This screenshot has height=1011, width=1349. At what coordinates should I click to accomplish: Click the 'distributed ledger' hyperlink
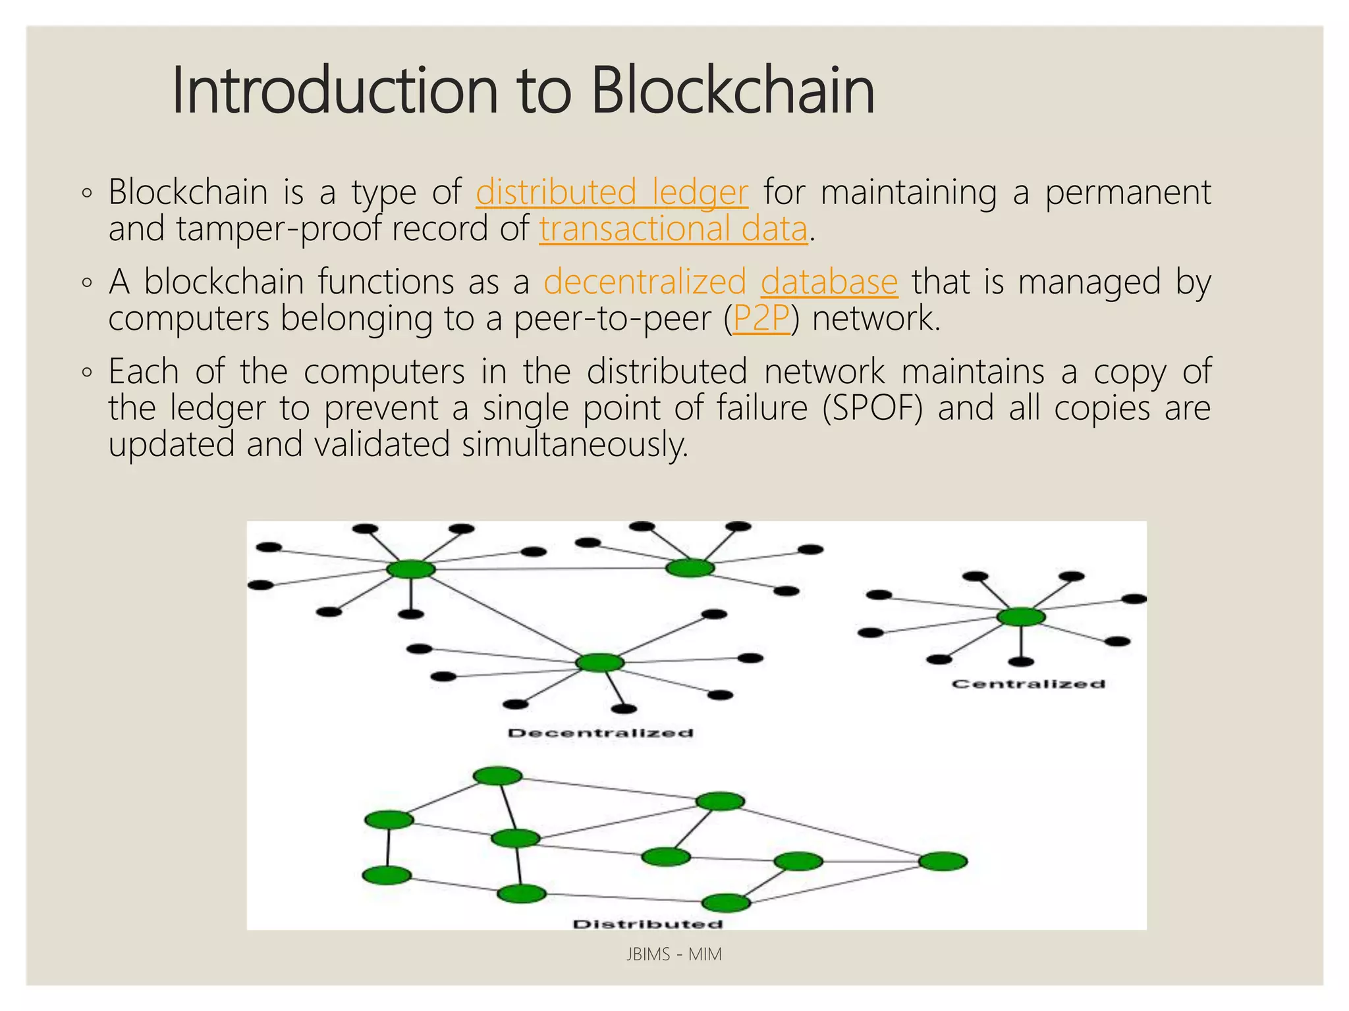tap(611, 192)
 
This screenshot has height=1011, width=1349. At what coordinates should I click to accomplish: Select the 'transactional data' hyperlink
tap(673, 229)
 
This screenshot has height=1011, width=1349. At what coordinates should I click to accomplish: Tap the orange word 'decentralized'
tap(644, 282)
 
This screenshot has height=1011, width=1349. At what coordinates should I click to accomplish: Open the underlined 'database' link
tap(829, 282)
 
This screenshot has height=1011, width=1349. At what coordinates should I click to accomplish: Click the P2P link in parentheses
tap(761, 319)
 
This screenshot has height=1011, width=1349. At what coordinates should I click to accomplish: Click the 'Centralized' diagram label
tap(1028, 684)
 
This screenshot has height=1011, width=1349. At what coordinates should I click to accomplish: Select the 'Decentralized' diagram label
tap(600, 733)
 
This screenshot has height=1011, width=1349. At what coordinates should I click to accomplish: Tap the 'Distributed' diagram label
tap(647, 924)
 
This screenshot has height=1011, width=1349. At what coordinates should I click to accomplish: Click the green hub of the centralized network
tap(1020, 617)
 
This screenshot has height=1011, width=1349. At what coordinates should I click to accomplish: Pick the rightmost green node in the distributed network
tap(943, 861)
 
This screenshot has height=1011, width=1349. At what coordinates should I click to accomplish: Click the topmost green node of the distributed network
tap(498, 776)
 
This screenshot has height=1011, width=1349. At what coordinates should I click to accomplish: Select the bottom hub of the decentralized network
tap(599, 662)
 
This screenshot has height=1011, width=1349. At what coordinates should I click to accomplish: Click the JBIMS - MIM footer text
tap(674, 954)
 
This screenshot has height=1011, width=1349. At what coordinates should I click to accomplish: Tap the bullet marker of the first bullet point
tap(87, 194)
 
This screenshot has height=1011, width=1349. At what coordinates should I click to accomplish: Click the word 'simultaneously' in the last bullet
tap(574, 445)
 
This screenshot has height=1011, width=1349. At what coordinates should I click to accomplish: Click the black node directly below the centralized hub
tap(1021, 661)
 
